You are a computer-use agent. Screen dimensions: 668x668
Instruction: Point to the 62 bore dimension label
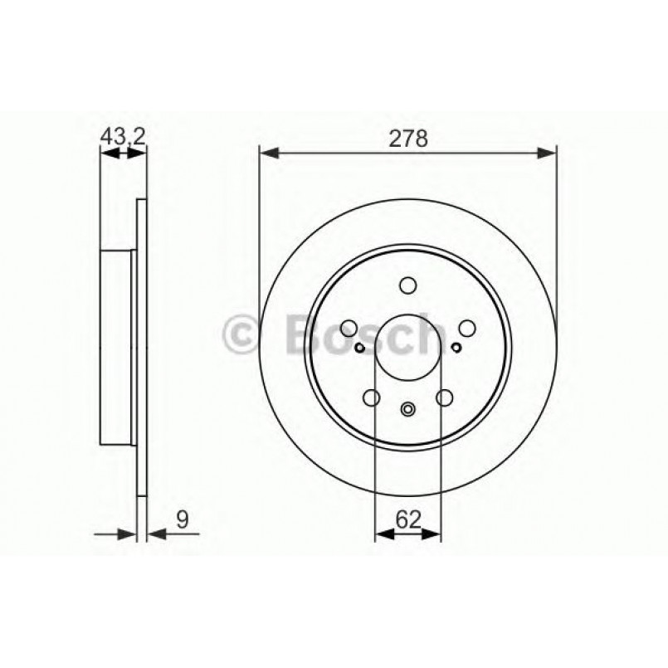pyautogui.click(x=407, y=520)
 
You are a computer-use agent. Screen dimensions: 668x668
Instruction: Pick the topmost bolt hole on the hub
pyautogui.click(x=407, y=286)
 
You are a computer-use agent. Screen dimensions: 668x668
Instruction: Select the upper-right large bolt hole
pyautogui.click(x=466, y=329)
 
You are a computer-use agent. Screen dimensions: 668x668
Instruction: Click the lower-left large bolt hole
pyautogui.click(x=372, y=398)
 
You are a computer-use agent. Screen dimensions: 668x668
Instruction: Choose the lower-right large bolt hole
pyautogui.click(x=444, y=398)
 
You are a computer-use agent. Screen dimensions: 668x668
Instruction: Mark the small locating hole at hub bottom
pyautogui.click(x=407, y=408)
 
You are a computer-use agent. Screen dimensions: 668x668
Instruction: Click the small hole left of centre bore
pyautogui.click(x=359, y=347)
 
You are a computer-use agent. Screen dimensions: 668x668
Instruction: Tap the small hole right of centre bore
pyautogui.click(x=456, y=347)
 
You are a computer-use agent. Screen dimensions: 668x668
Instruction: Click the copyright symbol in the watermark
pyautogui.click(x=242, y=334)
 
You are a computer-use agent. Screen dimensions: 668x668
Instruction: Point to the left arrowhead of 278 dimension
pyautogui.click(x=267, y=152)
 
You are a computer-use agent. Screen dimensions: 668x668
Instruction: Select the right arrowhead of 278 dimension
pyautogui.click(x=548, y=152)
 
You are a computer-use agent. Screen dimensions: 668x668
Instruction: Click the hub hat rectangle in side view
pyautogui.click(x=118, y=347)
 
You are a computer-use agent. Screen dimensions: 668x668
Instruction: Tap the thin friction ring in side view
pyautogui.click(x=141, y=347)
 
